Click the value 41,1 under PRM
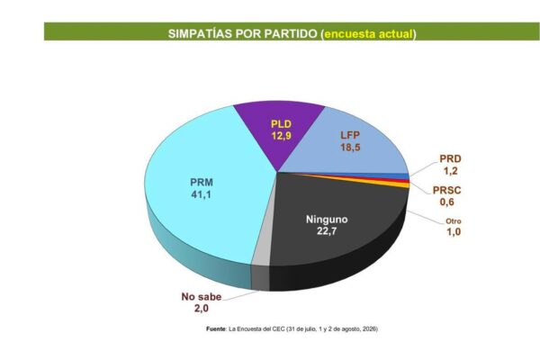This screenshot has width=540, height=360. pos(201,194)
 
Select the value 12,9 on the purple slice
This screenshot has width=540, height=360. pos(281,136)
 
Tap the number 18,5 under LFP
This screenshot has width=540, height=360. pos(350,148)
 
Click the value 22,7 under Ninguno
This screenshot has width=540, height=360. pos(327,231)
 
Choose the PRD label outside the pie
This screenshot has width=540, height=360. pos(450,159)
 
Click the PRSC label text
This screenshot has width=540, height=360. pos(446,190)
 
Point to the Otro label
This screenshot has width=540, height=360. pos(454,221)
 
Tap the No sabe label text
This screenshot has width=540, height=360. pos(201,297)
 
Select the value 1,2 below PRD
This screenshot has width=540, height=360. pos(451,171)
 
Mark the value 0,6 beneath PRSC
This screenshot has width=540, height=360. pos(446,202)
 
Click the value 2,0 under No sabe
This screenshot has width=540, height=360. pos(201,309)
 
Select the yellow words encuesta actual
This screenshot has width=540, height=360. pos(368,34)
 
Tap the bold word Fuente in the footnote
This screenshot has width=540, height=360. pos(216,329)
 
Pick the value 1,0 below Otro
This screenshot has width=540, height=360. pos(454,232)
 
